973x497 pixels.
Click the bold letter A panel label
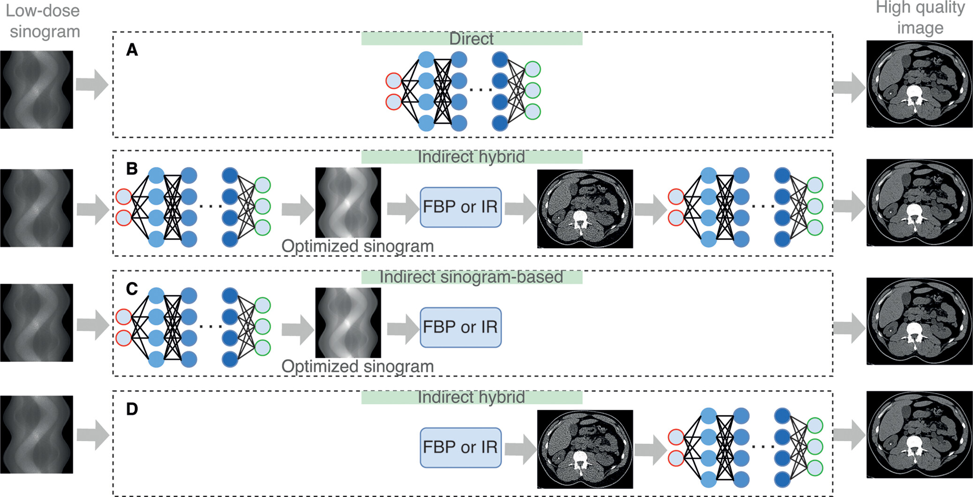[132, 50]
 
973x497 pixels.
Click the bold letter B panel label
[132, 169]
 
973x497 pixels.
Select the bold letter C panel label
[132, 289]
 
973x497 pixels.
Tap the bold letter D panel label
[132, 409]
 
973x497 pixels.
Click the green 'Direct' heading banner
[471, 38]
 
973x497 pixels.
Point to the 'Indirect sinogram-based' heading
[471, 277]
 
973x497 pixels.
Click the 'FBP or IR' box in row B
[460, 207]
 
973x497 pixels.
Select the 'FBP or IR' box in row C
[460, 327]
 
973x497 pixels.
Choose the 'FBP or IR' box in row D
[460, 447]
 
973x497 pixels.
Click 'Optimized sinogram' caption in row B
[357, 246]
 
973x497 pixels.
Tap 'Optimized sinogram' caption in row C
[357, 366]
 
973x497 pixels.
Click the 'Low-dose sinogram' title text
[44, 21]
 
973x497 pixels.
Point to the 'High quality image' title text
[920, 18]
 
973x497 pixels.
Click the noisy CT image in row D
[585, 449]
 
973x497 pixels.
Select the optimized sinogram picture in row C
[348, 323]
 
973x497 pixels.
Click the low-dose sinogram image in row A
[37, 89]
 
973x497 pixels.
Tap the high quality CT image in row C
[919, 321]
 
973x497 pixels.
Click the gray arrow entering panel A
[92, 85]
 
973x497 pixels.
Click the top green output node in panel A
[533, 69]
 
